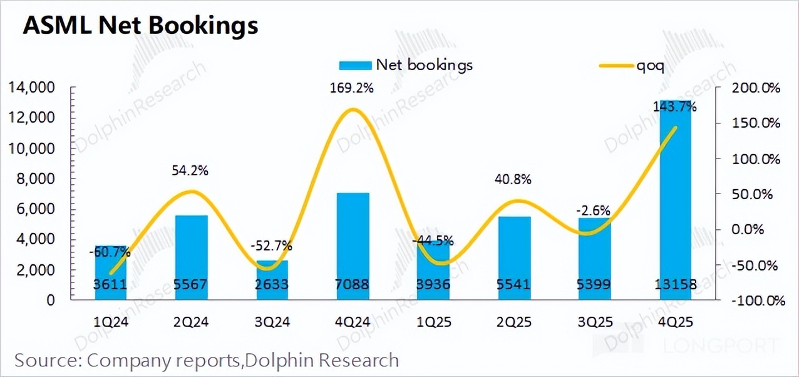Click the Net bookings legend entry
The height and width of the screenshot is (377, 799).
click(x=406, y=65)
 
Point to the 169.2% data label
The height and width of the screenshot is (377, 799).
click(x=352, y=88)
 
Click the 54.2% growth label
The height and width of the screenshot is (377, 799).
click(x=192, y=170)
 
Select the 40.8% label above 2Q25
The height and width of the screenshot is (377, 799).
click(x=513, y=180)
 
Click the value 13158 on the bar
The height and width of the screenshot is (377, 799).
click(x=676, y=285)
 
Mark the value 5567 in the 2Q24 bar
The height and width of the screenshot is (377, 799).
click(x=192, y=285)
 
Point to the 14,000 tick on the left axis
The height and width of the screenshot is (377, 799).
click(x=36, y=88)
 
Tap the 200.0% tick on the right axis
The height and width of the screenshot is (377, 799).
click(x=756, y=88)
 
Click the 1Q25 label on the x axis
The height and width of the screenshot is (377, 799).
click(x=433, y=323)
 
